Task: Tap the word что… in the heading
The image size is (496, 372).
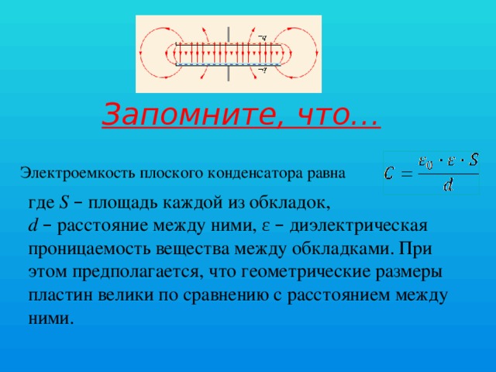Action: (x=338, y=115)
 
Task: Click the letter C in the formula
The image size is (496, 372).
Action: (x=393, y=171)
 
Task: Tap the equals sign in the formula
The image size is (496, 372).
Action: (x=408, y=172)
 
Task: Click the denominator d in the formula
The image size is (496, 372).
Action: (x=448, y=185)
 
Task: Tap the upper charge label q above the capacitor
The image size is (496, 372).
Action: (x=263, y=37)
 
